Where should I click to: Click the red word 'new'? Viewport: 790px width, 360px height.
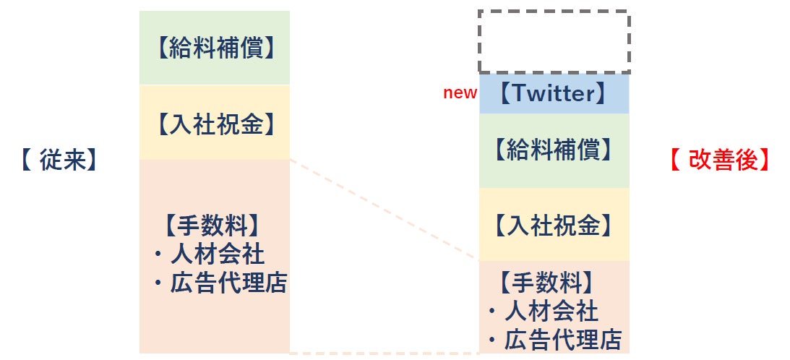coord(460,93)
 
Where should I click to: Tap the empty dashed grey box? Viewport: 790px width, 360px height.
coord(554,42)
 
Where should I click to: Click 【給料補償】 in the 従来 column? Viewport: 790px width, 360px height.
coord(215,48)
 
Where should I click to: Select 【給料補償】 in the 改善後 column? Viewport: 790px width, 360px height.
coord(554,150)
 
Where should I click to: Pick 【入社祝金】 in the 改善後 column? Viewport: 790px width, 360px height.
coord(554,226)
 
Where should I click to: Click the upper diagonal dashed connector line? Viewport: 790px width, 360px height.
coord(383,209)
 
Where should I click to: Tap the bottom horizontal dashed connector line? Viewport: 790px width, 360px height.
coord(383,353)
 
